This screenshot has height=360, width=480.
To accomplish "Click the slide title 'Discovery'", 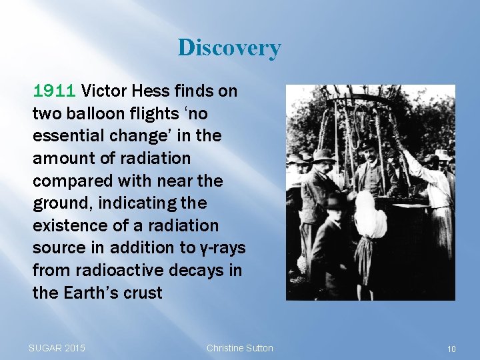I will pos(229,48).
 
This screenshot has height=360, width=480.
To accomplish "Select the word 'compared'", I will pos(67,181).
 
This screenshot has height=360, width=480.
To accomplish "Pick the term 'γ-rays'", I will pos(221,249).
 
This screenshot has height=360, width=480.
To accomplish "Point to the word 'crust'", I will pos(143,293).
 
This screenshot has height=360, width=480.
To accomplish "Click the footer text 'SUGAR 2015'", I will pos(57,348).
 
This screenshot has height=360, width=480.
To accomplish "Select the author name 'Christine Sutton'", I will pos(240,348).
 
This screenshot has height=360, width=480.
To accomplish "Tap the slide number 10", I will pos(451,349).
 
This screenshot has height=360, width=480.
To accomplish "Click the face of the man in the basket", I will pos(367,151).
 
